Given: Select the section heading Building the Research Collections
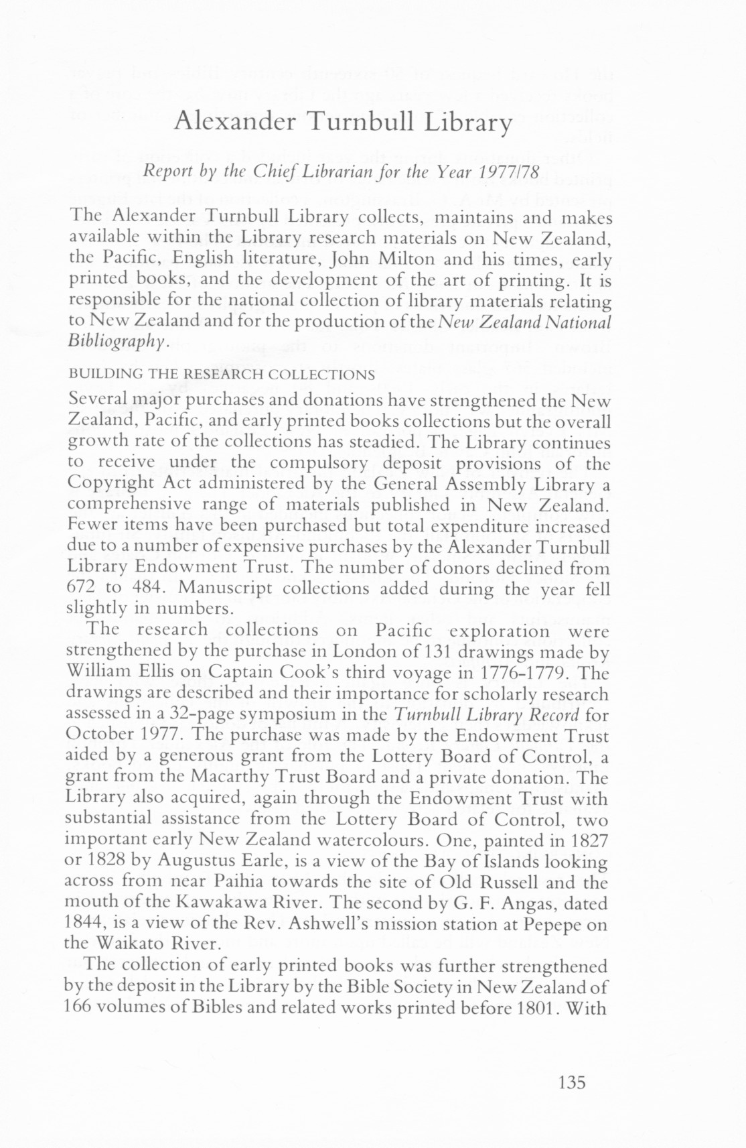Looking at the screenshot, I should click(x=222, y=374).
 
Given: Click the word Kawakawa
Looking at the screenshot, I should click(x=222, y=903).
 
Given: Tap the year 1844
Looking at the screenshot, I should click(x=82, y=924).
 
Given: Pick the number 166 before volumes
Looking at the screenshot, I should click(x=83, y=1007).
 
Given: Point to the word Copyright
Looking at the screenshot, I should click(x=113, y=483).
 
